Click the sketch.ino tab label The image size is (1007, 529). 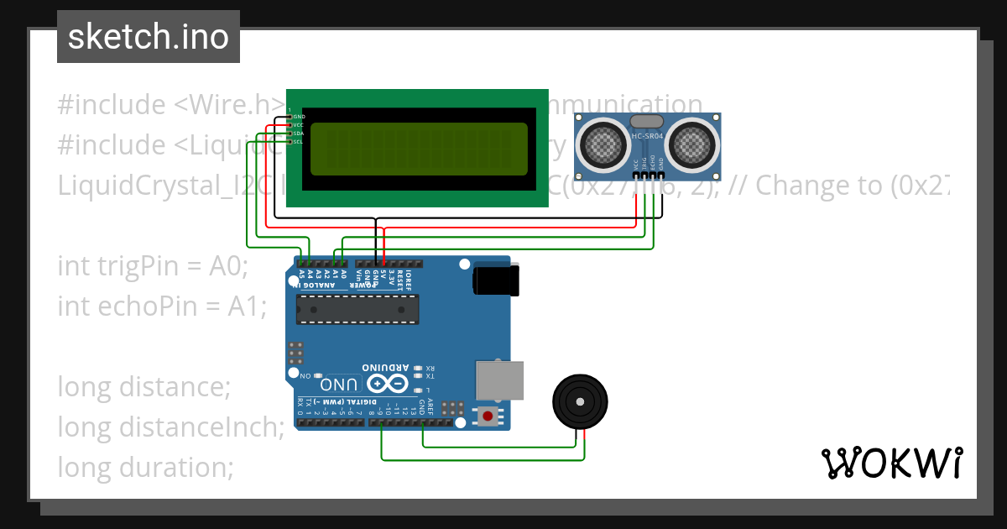pos(148,37)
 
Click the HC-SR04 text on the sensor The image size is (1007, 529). pos(648,137)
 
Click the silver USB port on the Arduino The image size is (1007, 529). pos(500,380)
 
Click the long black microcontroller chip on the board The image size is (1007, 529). pos(357,310)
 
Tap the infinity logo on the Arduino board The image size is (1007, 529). pos(387,384)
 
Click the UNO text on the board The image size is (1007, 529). pos(339,385)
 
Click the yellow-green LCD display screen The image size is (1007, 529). pos(419,149)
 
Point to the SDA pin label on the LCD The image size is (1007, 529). pos(298,134)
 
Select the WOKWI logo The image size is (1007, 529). pos(891,463)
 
